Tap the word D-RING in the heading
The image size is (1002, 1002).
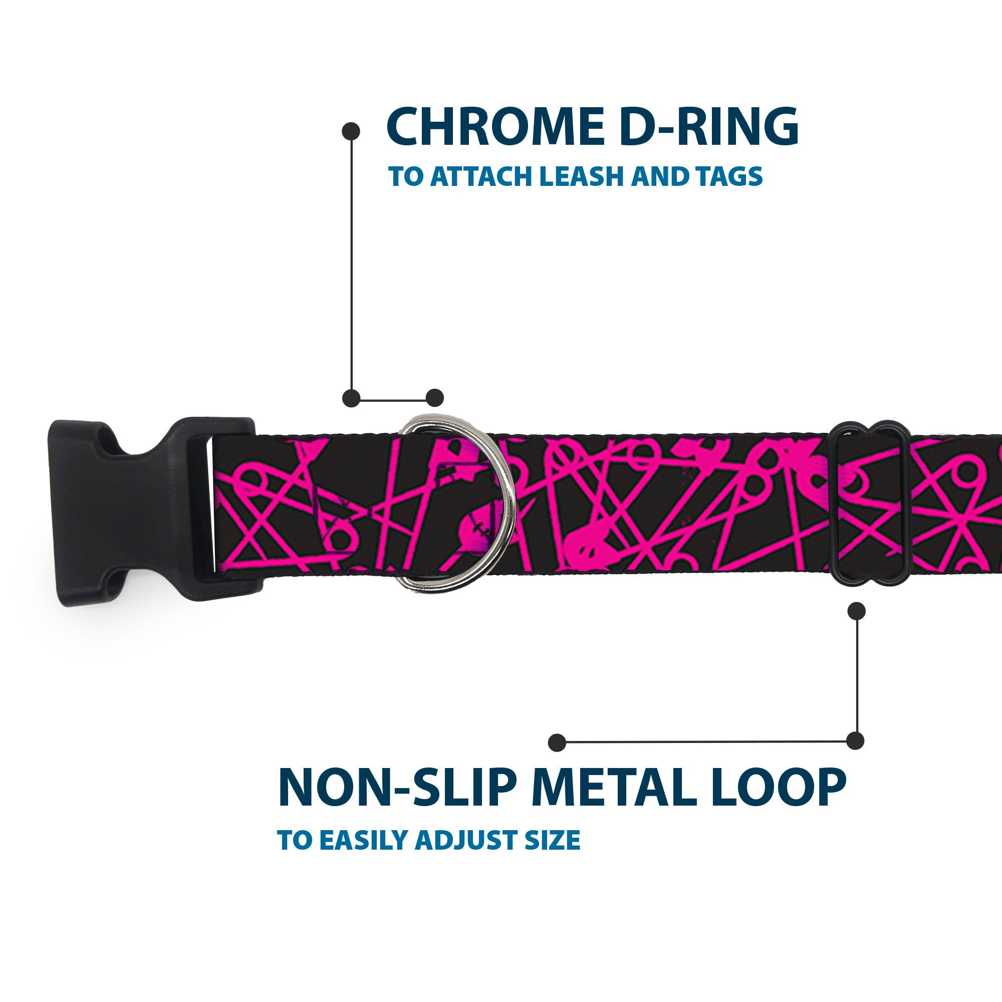[708, 127]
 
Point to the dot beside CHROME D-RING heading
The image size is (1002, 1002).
[351, 131]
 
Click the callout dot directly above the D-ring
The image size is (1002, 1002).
[434, 398]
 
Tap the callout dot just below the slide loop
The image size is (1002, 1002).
[856, 610]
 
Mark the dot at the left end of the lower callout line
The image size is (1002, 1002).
[557, 742]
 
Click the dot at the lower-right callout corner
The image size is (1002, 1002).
[855, 740]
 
